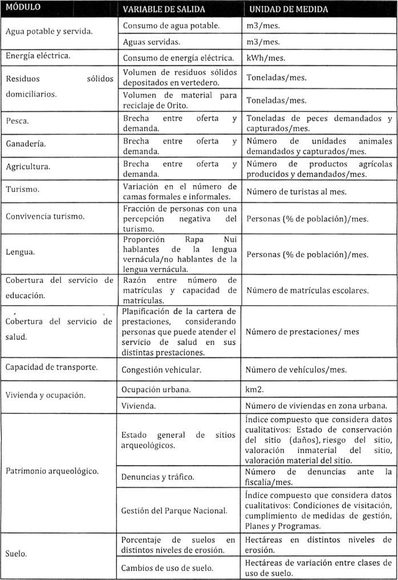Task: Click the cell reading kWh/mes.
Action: (266, 58)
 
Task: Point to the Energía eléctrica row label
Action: (38, 56)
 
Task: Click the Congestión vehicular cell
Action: (161, 369)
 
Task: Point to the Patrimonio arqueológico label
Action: (52, 471)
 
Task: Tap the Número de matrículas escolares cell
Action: (307, 290)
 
